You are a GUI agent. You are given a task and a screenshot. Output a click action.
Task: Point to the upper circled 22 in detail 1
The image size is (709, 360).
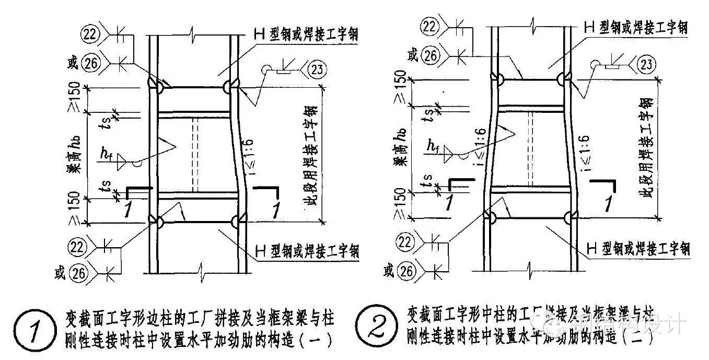click(90, 34)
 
